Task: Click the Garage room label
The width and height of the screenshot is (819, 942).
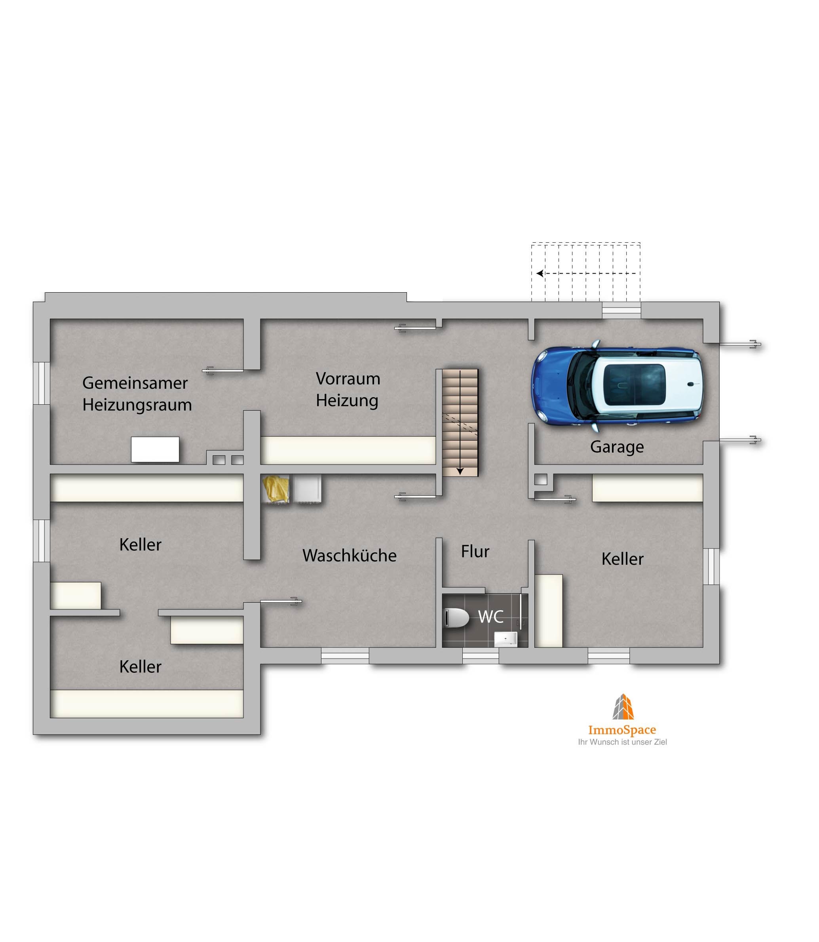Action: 617,447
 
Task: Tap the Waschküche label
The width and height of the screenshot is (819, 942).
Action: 349,555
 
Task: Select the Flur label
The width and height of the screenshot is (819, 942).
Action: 475,551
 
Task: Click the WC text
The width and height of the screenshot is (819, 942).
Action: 491,617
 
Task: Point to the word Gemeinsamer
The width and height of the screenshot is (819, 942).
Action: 135,383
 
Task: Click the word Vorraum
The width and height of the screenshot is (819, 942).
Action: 348,379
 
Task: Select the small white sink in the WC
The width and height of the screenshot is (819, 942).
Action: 505,639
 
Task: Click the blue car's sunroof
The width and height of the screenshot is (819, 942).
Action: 635,384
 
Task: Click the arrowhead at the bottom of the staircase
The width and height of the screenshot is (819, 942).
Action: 460,471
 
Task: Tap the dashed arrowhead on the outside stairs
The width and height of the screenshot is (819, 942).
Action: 540,273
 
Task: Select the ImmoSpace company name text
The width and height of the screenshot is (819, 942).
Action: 622,730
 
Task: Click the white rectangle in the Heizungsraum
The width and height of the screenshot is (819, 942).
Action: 155,449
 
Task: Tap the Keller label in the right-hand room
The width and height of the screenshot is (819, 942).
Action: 623,559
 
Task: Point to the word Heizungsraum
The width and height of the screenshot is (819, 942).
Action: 137,405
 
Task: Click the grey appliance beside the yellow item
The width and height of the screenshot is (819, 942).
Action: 307,489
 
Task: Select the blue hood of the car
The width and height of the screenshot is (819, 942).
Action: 550,385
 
